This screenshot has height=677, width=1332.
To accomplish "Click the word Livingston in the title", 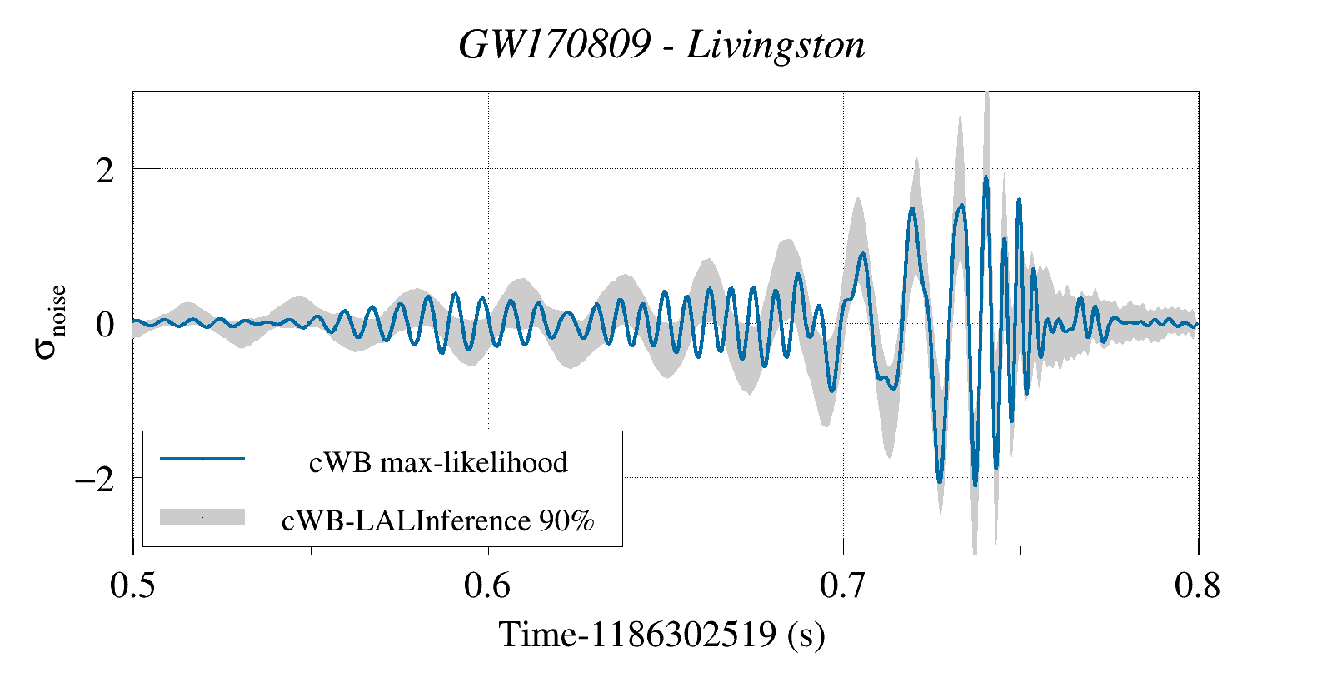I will (x=776, y=45).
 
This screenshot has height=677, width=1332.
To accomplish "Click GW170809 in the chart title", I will (x=555, y=45).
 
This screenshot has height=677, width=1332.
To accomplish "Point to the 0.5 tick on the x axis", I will (x=133, y=586).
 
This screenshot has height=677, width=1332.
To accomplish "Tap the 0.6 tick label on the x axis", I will (x=487, y=586).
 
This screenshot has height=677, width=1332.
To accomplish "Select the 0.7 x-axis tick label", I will (x=843, y=586).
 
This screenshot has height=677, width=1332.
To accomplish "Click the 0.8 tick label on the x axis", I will (x=1197, y=586).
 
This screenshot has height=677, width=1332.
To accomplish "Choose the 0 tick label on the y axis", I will (x=104, y=324).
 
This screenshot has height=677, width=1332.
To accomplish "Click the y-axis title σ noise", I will (x=50, y=322).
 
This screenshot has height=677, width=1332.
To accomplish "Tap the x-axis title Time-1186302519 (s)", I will (x=662, y=635).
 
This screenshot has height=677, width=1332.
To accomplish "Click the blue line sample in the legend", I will (x=202, y=459).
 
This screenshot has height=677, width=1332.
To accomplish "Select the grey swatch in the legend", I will (x=202, y=517).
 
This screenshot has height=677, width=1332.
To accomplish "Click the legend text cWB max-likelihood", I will (x=438, y=462).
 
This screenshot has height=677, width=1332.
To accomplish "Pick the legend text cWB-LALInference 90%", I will (x=438, y=521).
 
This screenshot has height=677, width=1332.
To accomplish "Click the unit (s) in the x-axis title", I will (x=806, y=635).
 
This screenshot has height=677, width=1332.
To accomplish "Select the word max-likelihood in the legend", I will (x=474, y=462).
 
